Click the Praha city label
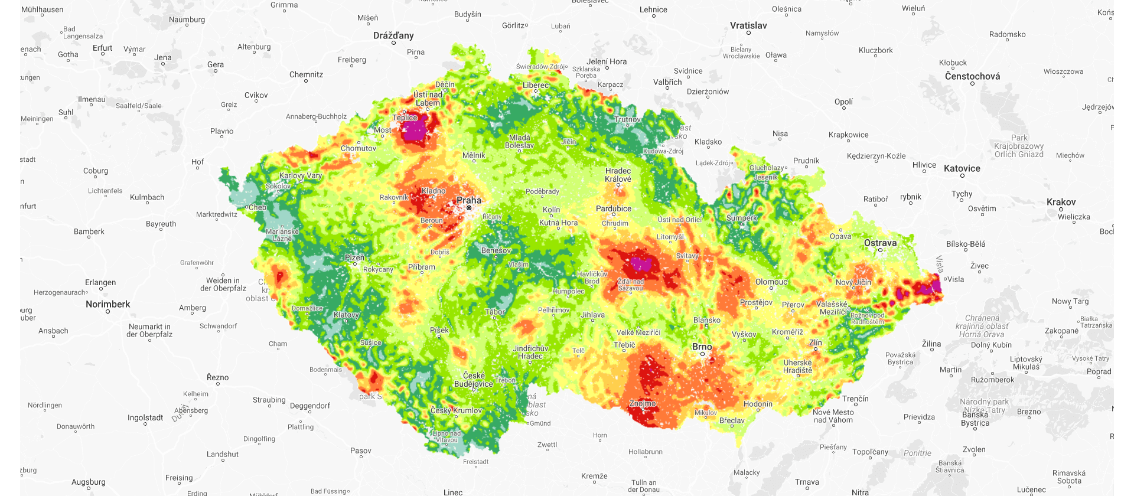[x=469, y=200]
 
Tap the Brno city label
[x=702, y=347]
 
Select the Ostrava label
[x=880, y=243]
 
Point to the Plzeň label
[x=354, y=257]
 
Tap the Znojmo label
[x=643, y=403]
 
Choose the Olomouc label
[x=771, y=282]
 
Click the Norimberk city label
[x=107, y=304]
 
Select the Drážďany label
[x=393, y=35]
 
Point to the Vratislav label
[x=748, y=25]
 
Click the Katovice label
[x=962, y=168]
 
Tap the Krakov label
[x=1061, y=202]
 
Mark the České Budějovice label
[x=474, y=380]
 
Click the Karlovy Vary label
[x=301, y=175]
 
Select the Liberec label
[x=536, y=85]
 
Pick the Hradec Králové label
[x=618, y=175]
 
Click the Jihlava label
[x=592, y=315]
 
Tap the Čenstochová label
[x=972, y=76]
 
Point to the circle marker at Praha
[x=469, y=208]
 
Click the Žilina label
[x=931, y=344]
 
